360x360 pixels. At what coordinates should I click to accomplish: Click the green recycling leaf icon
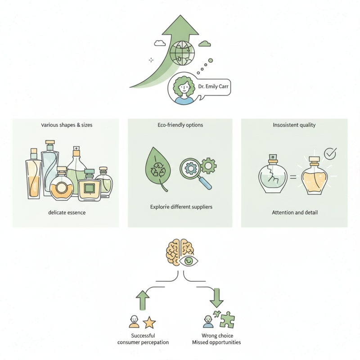click(158, 171)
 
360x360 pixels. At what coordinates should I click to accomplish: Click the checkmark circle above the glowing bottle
click(330, 153)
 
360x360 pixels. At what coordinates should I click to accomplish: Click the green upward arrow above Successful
click(142, 300)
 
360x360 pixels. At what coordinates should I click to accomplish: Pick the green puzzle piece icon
click(226, 320)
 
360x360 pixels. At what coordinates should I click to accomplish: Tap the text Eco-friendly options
click(180, 125)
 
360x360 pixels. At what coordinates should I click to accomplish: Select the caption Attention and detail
click(295, 212)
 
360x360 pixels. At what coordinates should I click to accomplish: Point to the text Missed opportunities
click(216, 342)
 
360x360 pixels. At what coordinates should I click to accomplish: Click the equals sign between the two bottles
click(292, 177)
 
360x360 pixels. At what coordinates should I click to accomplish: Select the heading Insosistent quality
click(294, 125)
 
